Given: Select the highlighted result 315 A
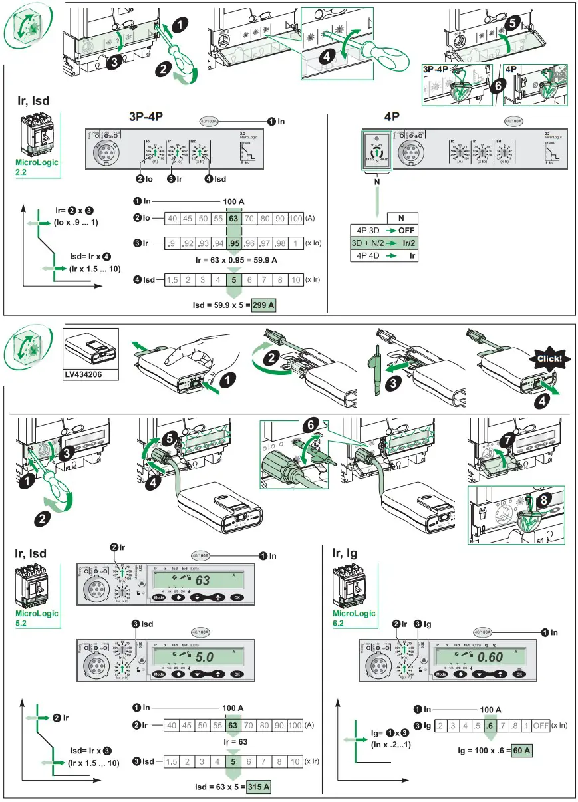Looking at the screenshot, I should tap(259, 787).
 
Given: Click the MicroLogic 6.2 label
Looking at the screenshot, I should tap(354, 618).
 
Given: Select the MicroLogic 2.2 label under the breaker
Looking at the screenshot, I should tap(37, 166).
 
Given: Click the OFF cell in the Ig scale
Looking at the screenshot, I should tap(541, 725).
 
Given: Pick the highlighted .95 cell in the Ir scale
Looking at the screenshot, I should tap(233, 243).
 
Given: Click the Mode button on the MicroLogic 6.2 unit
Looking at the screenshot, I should tap(441, 674).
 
